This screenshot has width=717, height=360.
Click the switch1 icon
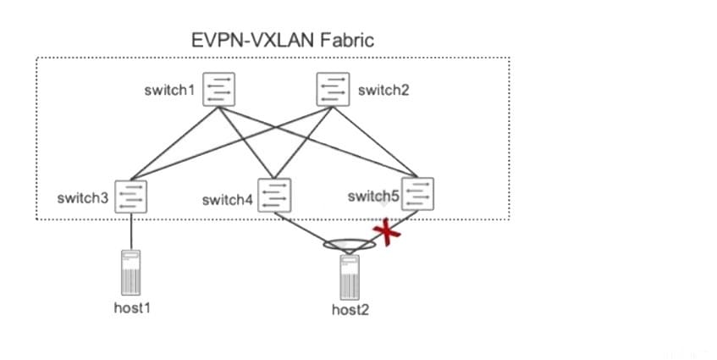[220, 89]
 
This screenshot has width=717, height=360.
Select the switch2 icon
[333, 89]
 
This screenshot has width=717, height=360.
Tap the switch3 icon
[132, 197]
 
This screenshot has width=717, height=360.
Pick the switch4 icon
[276, 196]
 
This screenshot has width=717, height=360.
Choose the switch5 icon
[418, 194]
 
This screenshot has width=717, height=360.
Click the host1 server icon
[132, 271]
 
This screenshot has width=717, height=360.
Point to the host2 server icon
[350, 275]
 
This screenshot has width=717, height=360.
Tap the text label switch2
[383, 90]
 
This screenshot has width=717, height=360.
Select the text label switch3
[83, 198]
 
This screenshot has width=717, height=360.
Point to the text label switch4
[228, 200]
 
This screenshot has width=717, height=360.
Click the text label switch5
[373, 197]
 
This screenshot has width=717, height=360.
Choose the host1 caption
[132, 307]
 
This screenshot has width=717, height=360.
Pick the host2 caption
[350, 309]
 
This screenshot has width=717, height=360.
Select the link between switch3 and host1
[132, 231]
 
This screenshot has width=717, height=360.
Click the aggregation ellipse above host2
[350, 245]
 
